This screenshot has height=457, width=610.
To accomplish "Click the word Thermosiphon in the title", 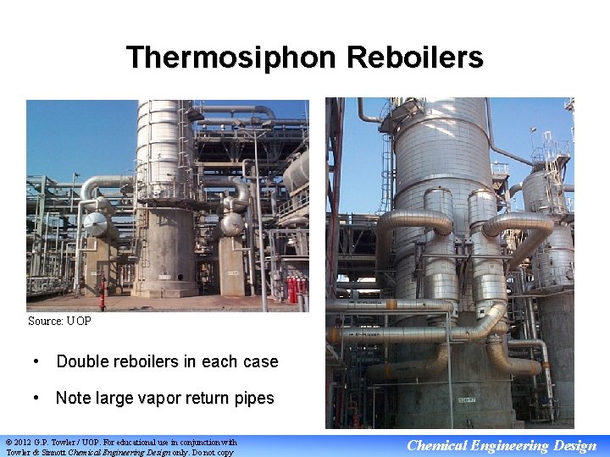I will click(230, 58).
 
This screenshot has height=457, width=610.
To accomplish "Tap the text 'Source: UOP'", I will click(59, 322).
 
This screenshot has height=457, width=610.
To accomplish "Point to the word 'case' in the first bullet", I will click(260, 361).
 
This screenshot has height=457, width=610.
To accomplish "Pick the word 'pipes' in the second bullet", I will click(252, 398).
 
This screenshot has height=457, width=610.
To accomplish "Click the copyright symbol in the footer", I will click(9, 442).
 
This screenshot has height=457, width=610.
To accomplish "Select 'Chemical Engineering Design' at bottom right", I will click(502, 446).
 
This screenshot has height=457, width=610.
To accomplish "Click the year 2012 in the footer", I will click(25, 442).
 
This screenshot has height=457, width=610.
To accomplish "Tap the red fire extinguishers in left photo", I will click(294, 290).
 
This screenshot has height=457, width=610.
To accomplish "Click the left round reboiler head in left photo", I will click(98, 225).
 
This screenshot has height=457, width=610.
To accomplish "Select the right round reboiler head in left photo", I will click(231, 224).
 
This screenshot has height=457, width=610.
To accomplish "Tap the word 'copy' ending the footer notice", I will click(225, 452).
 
